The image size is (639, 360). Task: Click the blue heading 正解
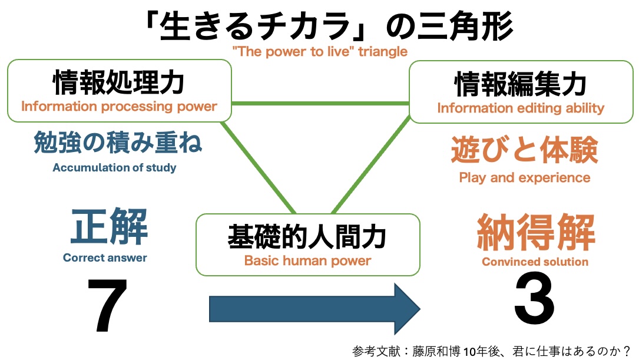coord(109,228)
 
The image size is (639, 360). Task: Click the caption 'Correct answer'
coord(105,257)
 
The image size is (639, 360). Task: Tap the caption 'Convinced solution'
coord(535,262)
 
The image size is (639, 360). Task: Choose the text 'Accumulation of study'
coord(114,167)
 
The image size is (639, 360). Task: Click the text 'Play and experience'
coord(524,177)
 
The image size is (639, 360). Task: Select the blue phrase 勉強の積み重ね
coord(118,143)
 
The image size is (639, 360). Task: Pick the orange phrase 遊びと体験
coord(525,151)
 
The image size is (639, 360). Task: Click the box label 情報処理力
coord(118,83)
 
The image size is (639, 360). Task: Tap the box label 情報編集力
coord(521,85)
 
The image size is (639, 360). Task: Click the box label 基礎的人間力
coord(307,237)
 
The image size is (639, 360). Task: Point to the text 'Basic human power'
coord(307,260)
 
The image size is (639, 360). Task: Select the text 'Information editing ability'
coord(521,108)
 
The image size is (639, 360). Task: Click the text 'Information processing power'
coord(119,107)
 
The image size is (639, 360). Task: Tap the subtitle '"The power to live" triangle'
coord(320,52)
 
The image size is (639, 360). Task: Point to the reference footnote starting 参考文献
coord(491,350)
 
